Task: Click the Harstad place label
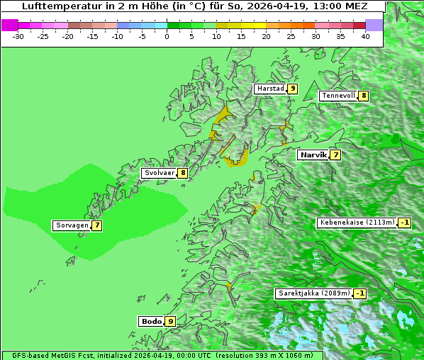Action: pyautogui.click(x=270, y=89)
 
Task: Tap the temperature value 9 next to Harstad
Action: pyautogui.click(x=292, y=89)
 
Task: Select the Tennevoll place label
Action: pyautogui.click(x=338, y=96)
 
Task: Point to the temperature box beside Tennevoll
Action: pyautogui.click(x=364, y=96)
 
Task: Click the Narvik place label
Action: pyautogui.click(x=313, y=154)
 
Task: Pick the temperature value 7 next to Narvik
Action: pyautogui.click(x=335, y=154)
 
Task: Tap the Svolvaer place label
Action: pyautogui.click(x=160, y=173)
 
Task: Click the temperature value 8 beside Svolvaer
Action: pyautogui.click(x=183, y=173)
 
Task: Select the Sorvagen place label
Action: pyautogui.click(x=72, y=225)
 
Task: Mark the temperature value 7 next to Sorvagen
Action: pyautogui.click(x=97, y=225)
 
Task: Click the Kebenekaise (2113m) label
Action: pyautogui.click(x=357, y=223)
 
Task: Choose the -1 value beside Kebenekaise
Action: pyautogui.click(x=404, y=223)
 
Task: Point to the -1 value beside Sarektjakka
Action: pyautogui.click(x=360, y=293)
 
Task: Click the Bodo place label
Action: pyautogui.click(x=151, y=321)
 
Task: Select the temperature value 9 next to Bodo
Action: pyautogui.click(x=171, y=321)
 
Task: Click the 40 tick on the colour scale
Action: pyautogui.click(x=365, y=35)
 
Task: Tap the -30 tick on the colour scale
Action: pyautogui.click(x=19, y=35)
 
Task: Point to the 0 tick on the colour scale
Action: pyautogui.click(x=167, y=35)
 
